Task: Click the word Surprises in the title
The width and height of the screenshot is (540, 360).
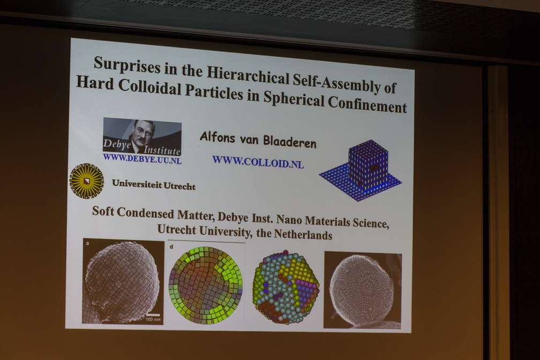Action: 127,64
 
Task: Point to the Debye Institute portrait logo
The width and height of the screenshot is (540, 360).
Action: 142,137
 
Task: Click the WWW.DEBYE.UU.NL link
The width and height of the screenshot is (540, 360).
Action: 142,159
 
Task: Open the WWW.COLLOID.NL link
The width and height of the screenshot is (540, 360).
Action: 258,162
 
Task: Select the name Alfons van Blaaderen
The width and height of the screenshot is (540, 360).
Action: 258,140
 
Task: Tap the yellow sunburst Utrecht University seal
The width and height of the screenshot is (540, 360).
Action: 86,181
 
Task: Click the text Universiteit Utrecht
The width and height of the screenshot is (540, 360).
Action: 154,184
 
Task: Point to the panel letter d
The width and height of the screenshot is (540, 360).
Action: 171,246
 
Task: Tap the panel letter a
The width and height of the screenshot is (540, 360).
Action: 87,244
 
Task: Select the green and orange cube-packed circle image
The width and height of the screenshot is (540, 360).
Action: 206,285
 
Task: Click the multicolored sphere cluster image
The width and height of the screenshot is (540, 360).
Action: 286,287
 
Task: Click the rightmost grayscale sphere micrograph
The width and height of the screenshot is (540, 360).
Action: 363,290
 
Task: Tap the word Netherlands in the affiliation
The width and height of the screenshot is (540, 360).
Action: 303,235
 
